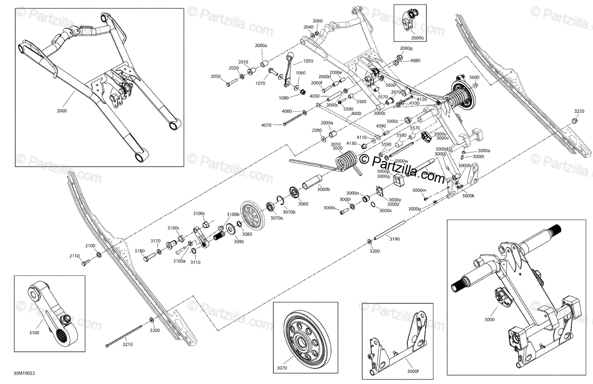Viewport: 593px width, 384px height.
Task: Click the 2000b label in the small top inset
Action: pos(417,38)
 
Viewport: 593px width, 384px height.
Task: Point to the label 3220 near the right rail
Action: pos(579,111)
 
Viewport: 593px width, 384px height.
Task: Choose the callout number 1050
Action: pos(308,61)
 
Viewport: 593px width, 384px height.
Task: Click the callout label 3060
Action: pos(303,204)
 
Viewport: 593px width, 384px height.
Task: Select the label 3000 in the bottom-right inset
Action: pos(489,320)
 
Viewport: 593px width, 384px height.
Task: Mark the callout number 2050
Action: pos(215,77)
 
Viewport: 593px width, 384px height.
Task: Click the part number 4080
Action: pos(415,60)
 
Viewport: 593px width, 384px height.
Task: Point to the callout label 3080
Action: pos(247,234)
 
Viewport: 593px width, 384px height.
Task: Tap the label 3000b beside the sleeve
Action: pos(324,189)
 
